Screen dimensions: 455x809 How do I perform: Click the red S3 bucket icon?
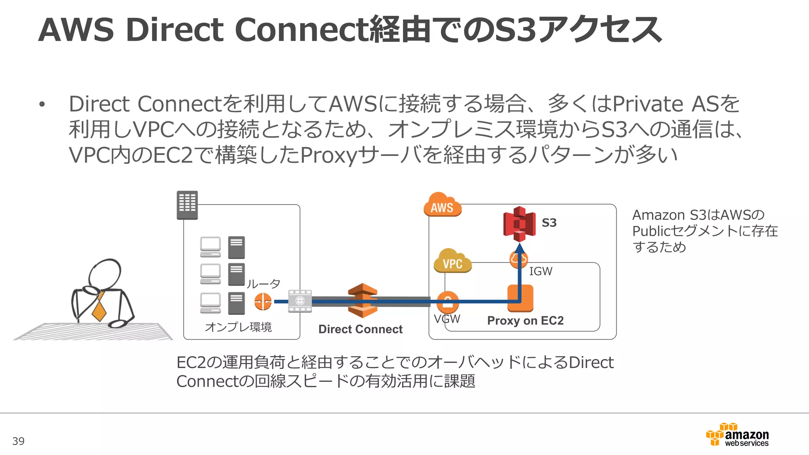click(x=519, y=224)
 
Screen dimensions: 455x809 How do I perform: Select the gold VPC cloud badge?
click(x=453, y=262)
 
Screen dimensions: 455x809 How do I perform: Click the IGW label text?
click(x=540, y=272)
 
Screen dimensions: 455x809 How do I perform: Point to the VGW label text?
click(x=447, y=319)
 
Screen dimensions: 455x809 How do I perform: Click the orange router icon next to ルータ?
click(x=263, y=302)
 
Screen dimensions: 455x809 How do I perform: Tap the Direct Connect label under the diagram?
click(x=360, y=329)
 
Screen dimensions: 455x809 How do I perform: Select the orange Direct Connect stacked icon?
click(x=363, y=301)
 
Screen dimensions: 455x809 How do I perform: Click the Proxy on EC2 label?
click(x=525, y=321)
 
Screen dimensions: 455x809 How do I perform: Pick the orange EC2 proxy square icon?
click(x=520, y=298)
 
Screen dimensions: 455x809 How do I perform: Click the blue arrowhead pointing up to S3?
click(x=520, y=248)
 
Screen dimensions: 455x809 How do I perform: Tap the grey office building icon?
click(x=187, y=205)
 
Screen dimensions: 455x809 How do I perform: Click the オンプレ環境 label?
click(x=238, y=327)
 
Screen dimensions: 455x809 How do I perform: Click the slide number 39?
click(x=19, y=441)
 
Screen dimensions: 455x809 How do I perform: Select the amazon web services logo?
click(x=738, y=435)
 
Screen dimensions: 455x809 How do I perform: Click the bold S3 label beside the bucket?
click(x=549, y=223)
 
